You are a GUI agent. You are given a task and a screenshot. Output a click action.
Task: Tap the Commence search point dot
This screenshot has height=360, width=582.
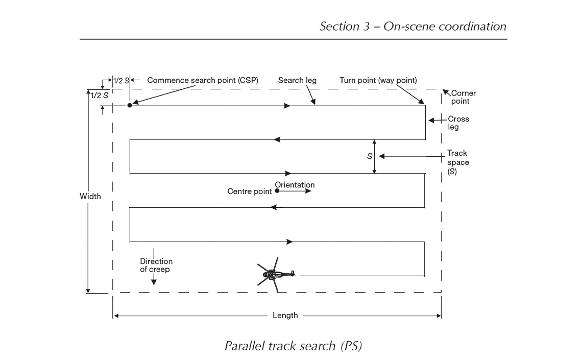click(130, 105)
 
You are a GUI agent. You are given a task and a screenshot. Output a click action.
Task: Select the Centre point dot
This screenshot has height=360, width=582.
click(277, 191)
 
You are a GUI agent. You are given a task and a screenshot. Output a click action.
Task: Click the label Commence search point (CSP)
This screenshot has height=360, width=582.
click(203, 80)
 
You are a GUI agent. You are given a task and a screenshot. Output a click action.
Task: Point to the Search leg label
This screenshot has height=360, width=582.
click(297, 80)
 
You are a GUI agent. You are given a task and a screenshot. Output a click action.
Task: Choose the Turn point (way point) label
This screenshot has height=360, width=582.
click(378, 80)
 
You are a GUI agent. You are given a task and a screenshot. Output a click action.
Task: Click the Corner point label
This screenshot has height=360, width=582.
click(463, 97)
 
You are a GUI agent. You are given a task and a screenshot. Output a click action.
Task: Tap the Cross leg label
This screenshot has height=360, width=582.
click(458, 123)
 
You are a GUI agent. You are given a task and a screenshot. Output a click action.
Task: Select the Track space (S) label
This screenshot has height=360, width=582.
click(458, 162)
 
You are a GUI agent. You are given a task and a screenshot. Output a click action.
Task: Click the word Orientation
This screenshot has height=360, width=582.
click(295, 185)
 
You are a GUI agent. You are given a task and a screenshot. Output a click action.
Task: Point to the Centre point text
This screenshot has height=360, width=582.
click(250, 192)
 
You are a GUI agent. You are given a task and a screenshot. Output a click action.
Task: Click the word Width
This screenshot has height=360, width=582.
click(90, 196)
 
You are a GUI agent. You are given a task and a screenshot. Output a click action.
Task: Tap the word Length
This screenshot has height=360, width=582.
click(285, 316)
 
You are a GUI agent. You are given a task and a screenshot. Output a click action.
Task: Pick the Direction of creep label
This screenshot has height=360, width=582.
click(156, 265)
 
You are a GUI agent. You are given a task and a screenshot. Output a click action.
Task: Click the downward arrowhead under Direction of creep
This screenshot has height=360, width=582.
click(154, 281)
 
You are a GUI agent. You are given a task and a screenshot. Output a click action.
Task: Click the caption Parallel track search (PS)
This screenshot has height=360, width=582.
click(293, 346)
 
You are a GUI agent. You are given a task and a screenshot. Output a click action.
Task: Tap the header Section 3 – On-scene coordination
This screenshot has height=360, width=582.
click(413, 27)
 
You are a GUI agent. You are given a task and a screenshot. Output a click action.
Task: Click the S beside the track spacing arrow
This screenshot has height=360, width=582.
click(370, 156)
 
